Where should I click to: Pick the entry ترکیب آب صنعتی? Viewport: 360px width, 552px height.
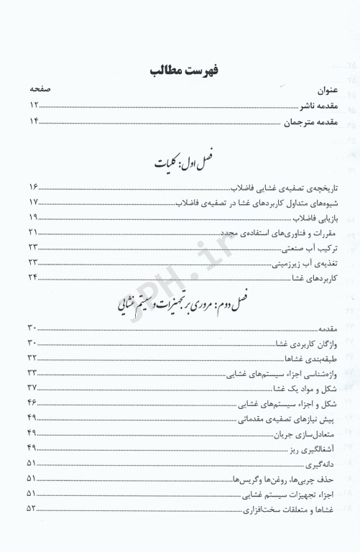303,248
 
